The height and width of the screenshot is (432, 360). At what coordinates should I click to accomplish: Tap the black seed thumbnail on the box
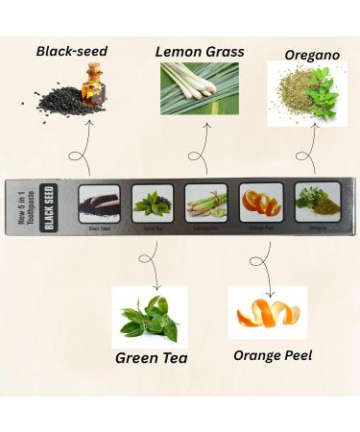99,204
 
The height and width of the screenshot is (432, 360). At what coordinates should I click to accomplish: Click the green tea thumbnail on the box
152,204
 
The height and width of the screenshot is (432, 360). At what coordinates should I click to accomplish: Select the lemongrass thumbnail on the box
205,204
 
